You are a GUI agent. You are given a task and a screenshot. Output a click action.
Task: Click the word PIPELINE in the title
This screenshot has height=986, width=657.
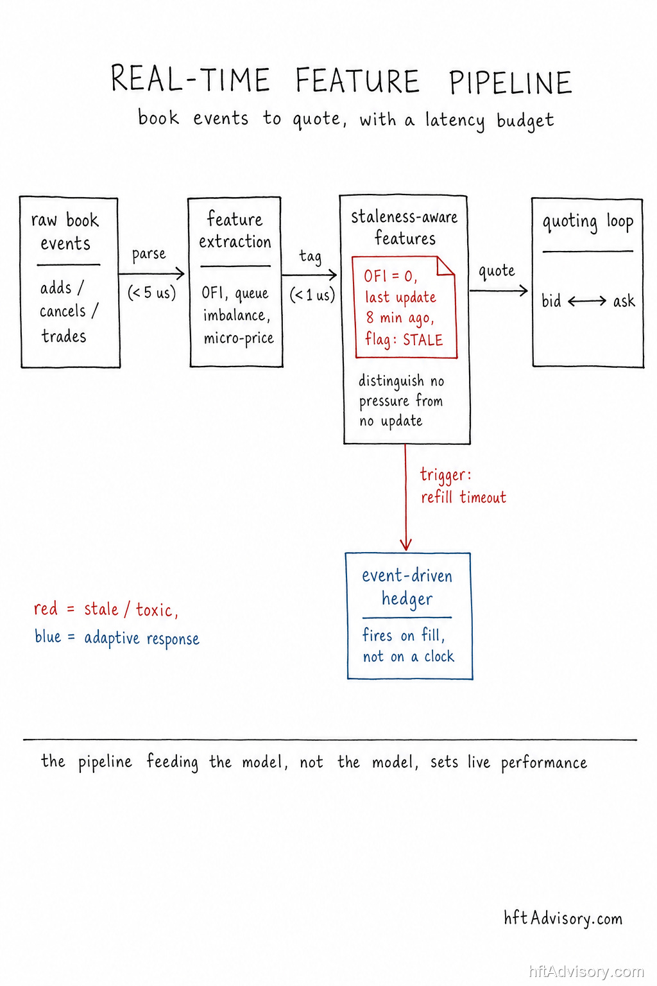[510, 82]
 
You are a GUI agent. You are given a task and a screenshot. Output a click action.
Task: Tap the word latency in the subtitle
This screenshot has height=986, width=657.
[455, 120]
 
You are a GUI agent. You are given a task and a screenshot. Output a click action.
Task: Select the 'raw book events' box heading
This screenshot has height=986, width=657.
[65, 232]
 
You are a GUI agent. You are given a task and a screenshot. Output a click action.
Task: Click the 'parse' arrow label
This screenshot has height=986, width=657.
[149, 254]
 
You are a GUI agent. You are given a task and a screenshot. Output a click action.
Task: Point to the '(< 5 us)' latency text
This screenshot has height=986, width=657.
[152, 293]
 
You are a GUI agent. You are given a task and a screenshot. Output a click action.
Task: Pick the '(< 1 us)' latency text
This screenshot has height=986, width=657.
[312, 295]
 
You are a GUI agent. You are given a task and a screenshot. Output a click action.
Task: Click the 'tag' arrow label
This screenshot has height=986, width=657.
[311, 256]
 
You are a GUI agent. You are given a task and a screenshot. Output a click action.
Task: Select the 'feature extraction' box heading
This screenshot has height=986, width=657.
[235, 230]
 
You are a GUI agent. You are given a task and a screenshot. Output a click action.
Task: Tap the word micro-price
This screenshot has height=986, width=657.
[239, 338]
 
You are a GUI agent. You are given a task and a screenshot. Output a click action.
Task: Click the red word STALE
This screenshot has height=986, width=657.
[423, 340]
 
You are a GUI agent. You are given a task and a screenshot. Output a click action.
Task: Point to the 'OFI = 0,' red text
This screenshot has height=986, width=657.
[390, 277]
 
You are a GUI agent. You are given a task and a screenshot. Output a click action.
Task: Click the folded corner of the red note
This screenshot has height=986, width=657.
[445, 266]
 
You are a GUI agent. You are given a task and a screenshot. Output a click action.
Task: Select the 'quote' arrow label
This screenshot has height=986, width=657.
[497, 271]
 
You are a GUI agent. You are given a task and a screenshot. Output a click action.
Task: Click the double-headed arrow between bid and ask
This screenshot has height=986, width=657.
[587, 301]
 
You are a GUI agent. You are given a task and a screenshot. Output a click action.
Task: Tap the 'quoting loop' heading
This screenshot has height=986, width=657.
[588, 222]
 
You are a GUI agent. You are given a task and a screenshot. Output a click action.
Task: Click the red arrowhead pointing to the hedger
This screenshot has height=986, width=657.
[405, 544]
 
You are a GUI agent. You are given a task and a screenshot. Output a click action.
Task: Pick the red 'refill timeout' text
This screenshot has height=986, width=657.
[463, 497]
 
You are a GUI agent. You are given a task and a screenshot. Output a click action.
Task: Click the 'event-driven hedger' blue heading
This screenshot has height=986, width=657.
[407, 587]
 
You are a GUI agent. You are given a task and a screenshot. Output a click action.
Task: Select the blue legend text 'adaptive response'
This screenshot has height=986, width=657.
[142, 639]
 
